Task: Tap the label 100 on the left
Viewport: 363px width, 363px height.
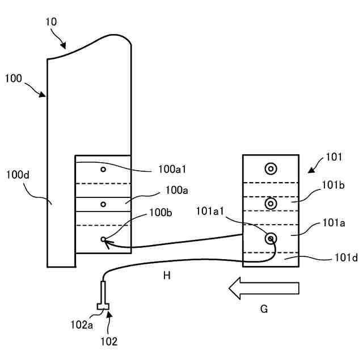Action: [14, 79]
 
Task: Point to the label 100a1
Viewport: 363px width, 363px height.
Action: [172, 168]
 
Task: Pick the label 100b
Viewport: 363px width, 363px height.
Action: [161, 212]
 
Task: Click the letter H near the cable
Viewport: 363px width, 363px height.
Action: [166, 276]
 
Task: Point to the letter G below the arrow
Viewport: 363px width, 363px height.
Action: [264, 309]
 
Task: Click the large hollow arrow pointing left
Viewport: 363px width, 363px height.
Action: [264, 289]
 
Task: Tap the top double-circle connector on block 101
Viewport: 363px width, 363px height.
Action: [271, 168]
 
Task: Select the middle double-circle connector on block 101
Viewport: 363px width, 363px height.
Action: [271, 203]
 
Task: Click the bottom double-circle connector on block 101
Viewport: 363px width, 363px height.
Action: [271, 239]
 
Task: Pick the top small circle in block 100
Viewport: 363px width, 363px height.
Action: [103, 170]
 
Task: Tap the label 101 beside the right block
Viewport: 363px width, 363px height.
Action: [335, 157]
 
